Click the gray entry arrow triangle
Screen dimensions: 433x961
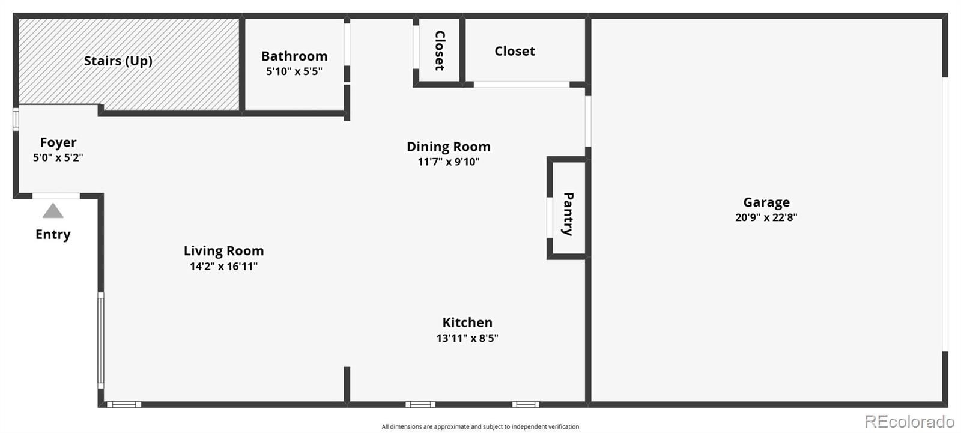(53, 211)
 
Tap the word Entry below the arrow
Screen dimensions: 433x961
(53, 234)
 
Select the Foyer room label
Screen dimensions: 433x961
(58, 142)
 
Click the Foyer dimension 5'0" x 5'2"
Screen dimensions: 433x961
(58, 158)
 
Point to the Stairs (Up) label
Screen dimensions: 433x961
(118, 61)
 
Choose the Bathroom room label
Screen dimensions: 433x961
(294, 56)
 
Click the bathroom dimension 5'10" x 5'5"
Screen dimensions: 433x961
(294, 71)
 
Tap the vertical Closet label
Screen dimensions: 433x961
(440, 50)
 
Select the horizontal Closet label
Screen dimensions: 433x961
(515, 51)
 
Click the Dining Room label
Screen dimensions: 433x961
(449, 147)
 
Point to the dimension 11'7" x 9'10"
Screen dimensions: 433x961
(449, 162)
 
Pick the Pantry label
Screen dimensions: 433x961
(568, 214)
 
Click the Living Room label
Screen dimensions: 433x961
(224, 251)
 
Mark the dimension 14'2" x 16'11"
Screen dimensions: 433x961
(224, 266)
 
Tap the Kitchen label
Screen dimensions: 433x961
(467, 322)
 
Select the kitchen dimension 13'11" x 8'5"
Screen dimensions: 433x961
(467, 338)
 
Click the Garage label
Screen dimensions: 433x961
(766, 202)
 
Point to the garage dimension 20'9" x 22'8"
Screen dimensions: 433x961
(766, 217)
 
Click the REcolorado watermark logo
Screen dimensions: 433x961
(909, 421)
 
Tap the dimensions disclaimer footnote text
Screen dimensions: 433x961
(480, 427)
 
